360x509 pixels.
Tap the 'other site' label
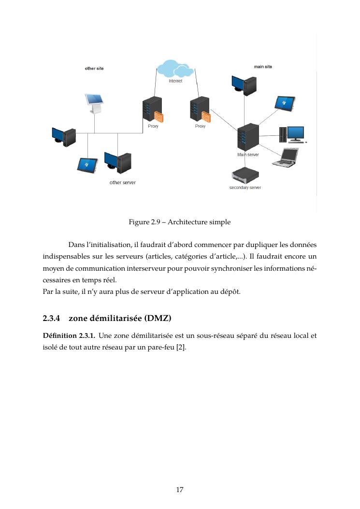94,69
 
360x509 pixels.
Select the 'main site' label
263,66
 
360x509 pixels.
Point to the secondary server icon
245,175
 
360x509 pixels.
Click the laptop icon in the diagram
285,157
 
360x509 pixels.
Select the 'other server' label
123,183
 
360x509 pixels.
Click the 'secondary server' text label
245,188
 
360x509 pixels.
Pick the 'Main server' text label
248,155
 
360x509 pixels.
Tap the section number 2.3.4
51,319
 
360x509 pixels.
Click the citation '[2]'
181,346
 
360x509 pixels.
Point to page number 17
179,490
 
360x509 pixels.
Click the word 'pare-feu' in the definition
161,346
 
